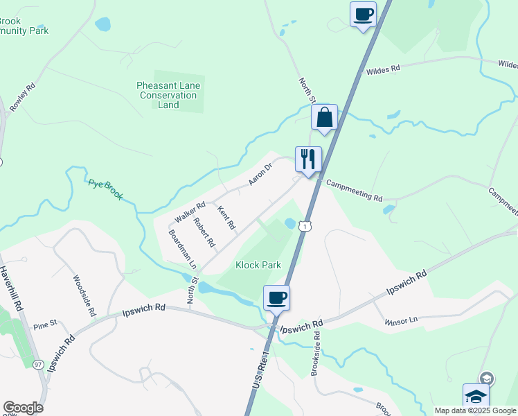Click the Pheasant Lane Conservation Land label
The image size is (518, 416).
click(168, 95)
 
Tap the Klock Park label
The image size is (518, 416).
click(258, 265)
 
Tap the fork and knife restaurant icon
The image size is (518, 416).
click(307, 159)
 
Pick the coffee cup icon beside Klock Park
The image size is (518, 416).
click(276, 298)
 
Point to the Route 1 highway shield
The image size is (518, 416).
click(305, 225)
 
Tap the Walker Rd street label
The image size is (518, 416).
click(190, 211)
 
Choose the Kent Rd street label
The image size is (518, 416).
click(226, 218)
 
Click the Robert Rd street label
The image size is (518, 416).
click(204, 233)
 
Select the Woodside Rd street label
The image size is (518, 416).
click(83, 295)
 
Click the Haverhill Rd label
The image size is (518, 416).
click(12, 288)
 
